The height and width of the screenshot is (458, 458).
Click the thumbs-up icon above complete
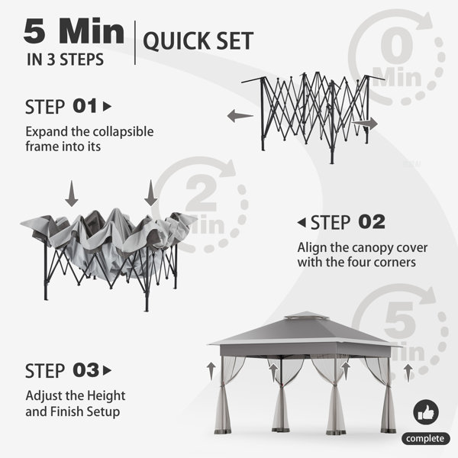(x=426, y=412)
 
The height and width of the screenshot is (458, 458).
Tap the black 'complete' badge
(x=425, y=438)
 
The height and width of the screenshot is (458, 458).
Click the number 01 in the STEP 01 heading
(x=85, y=106)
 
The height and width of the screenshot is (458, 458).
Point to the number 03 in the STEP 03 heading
(x=85, y=370)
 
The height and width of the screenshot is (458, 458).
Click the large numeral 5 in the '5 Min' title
(x=34, y=31)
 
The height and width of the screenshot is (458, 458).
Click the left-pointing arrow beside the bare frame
(x=240, y=116)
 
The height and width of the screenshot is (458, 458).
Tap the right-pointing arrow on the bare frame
(x=365, y=123)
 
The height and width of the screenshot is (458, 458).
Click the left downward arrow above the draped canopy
(x=72, y=194)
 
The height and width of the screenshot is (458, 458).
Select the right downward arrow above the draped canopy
(x=150, y=193)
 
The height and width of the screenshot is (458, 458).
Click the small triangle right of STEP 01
(x=107, y=107)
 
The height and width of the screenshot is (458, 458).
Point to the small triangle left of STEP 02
(x=302, y=223)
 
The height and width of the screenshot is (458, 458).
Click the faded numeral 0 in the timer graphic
(x=397, y=45)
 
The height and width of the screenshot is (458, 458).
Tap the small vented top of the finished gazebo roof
(x=303, y=315)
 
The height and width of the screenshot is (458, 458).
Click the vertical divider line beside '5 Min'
(x=135, y=43)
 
